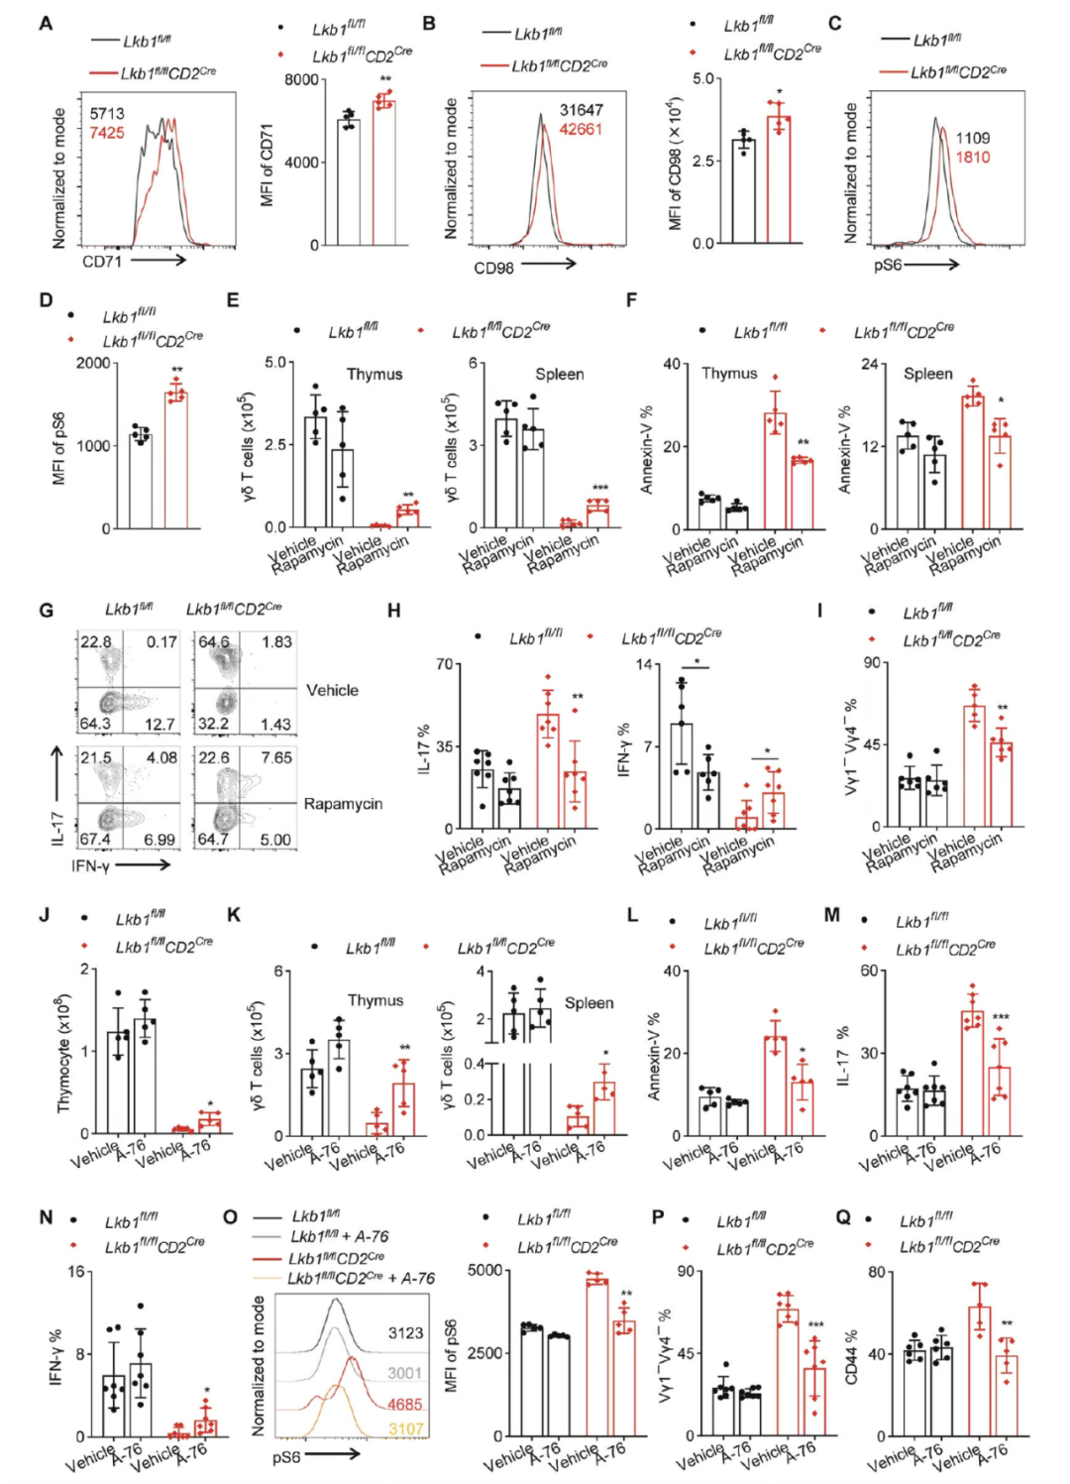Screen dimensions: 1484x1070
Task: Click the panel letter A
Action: pyautogui.click(x=46, y=23)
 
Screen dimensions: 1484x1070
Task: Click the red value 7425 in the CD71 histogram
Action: pyautogui.click(x=107, y=133)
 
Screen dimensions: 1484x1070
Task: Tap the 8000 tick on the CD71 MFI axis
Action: pyautogui.click(x=301, y=79)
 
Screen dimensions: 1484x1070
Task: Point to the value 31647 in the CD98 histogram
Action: pyautogui.click(x=581, y=110)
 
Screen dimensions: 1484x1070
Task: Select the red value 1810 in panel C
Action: pyautogui.click(x=972, y=157)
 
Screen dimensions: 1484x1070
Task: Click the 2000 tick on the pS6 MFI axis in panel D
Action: pyautogui.click(x=93, y=363)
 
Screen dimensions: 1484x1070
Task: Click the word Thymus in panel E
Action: pyautogui.click(x=374, y=374)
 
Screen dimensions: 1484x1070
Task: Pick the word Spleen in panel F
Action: pyautogui.click(x=927, y=374)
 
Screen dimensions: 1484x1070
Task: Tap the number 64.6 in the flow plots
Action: pyautogui.click(x=213, y=641)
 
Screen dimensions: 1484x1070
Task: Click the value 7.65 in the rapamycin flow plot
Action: pyautogui.click(x=276, y=757)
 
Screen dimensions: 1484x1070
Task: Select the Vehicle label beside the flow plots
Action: pyautogui.click(x=332, y=690)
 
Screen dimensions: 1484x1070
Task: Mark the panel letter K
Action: pyautogui.click(x=234, y=915)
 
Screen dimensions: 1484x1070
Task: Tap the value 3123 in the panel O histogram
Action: pyautogui.click(x=405, y=1333)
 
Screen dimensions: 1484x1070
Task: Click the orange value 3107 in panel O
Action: pyautogui.click(x=405, y=1428)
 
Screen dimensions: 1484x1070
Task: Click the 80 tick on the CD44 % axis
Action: pyautogui.click(x=877, y=1272)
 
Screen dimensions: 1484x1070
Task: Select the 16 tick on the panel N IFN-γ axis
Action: pyautogui.click(x=76, y=1272)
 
